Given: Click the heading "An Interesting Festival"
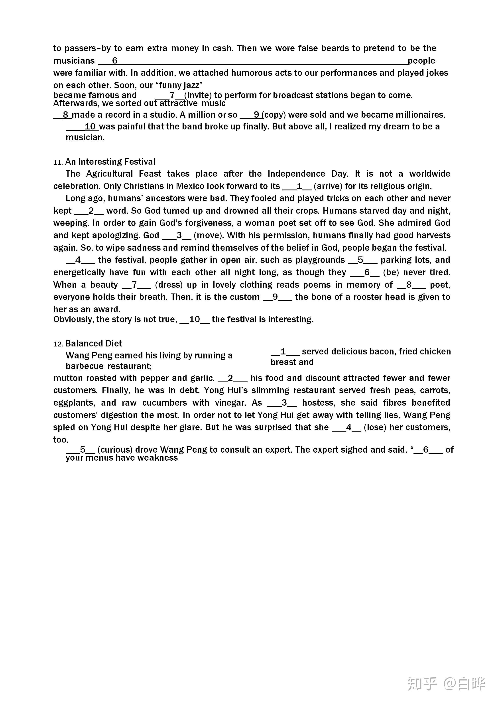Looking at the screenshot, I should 110,162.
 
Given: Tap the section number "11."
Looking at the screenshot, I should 58,162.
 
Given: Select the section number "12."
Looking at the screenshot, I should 58,344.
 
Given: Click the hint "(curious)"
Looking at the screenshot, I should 115,450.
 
